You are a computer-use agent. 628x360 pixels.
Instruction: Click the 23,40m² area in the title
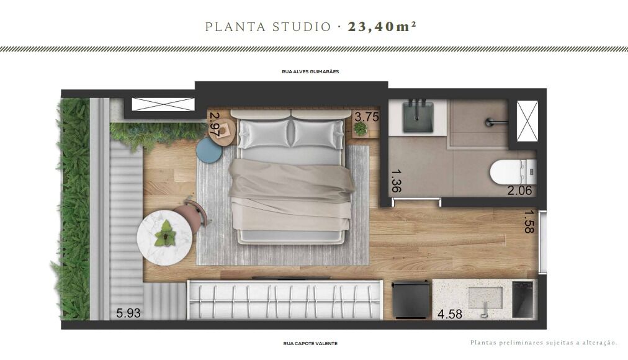coord(386,27)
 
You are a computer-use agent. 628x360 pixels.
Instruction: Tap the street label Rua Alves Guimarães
coord(310,71)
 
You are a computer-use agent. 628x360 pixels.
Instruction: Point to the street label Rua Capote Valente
coord(310,343)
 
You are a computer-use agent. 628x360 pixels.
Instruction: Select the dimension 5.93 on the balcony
coord(129,313)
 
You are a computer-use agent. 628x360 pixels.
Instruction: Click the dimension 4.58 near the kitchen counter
coord(450,314)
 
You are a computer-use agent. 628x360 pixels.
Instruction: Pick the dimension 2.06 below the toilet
coord(520,191)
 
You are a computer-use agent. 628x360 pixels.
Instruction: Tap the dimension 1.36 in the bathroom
coord(396,178)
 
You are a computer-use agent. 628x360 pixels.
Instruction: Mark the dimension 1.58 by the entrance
coord(529,222)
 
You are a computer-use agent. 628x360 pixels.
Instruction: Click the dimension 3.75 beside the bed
coord(366,116)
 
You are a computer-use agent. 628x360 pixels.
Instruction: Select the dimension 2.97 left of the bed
coord(215,125)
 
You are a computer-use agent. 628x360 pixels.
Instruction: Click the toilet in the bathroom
coord(512,172)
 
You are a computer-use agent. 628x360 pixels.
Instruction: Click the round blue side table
coord(209,150)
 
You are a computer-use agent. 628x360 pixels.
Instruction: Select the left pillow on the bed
coord(263,133)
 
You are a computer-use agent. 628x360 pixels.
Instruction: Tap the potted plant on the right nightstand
coord(360,128)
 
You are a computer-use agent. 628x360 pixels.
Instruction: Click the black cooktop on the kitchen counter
coord(523,299)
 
